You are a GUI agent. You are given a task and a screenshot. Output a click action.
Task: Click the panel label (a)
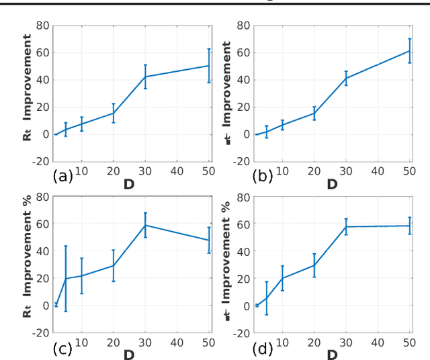tap(62, 177)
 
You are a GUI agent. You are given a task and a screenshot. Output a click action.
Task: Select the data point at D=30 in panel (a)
tap(145, 77)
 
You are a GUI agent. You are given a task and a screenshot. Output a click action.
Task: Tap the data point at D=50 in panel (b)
tap(409, 51)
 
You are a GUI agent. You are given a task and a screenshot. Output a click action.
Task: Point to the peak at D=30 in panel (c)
tap(145, 225)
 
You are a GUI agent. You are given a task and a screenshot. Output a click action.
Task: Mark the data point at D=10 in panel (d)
tap(283, 278)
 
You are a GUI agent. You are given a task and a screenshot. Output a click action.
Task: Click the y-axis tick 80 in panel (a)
tap(42, 26)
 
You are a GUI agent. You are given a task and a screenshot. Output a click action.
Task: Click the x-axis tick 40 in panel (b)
tap(378, 171)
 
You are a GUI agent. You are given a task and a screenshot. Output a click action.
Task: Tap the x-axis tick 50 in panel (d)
tap(409, 343)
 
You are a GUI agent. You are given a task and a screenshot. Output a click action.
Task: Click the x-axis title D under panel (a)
tap(129, 183)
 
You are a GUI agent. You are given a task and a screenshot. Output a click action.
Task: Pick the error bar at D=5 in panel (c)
tap(65, 279)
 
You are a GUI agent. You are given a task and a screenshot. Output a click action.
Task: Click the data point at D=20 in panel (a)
tap(114, 113)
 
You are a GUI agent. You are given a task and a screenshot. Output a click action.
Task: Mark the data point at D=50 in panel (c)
tap(208, 240)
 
